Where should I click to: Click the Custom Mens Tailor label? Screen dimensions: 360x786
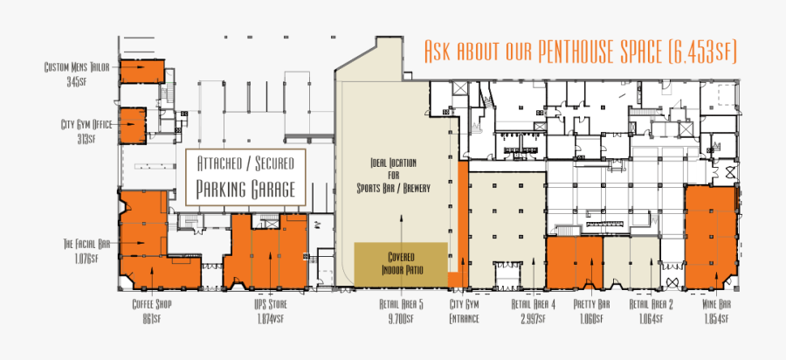[x=78, y=73]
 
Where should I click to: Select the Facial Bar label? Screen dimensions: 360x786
[x=86, y=250]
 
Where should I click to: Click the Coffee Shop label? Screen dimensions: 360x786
[x=151, y=310]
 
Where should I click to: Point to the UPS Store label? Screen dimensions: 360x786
[x=265, y=310]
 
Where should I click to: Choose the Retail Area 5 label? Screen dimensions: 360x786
[x=403, y=310]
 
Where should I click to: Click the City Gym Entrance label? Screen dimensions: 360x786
[x=465, y=310]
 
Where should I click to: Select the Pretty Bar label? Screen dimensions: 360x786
[x=591, y=310]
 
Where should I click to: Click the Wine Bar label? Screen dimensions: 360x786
[x=716, y=310]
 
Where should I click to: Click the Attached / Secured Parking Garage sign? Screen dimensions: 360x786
[x=245, y=177]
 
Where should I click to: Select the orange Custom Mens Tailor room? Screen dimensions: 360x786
[x=141, y=72]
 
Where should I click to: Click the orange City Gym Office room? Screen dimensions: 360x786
[x=133, y=125]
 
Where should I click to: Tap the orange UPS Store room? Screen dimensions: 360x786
[x=265, y=251]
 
